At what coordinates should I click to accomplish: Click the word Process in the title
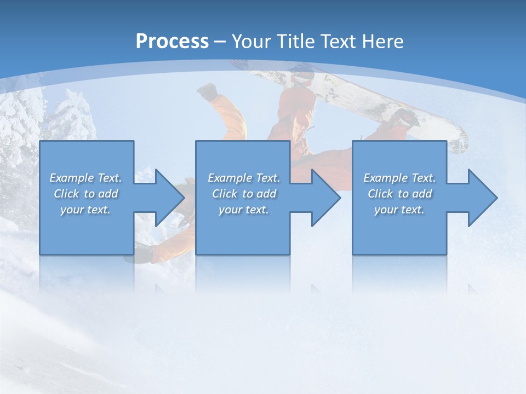(x=172, y=42)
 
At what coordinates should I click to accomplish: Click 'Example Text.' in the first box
(x=85, y=178)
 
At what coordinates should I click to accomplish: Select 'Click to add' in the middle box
(x=244, y=194)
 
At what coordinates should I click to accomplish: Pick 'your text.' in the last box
(x=399, y=210)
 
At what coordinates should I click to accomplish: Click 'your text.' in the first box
(x=85, y=210)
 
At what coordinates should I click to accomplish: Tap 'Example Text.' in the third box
(x=399, y=178)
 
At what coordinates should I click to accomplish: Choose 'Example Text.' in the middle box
(x=244, y=178)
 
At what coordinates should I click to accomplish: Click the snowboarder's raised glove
(x=207, y=91)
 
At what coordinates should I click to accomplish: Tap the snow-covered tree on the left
(x=22, y=120)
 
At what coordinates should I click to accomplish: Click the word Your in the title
(x=250, y=42)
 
